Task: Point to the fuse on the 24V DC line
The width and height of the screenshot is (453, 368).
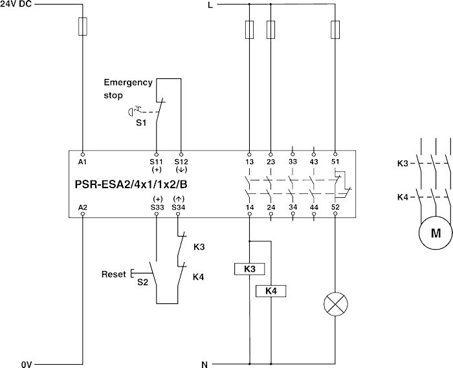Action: pyautogui.click(x=83, y=27)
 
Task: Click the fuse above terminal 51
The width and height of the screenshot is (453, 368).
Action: pyautogui.click(x=335, y=29)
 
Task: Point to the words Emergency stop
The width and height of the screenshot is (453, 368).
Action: pyautogui.click(x=127, y=89)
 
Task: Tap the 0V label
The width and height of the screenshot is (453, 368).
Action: pyautogui.click(x=27, y=364)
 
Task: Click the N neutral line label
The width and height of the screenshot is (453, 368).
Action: pyautogui.click(x=204, y=364)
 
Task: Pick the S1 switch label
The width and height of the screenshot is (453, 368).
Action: pyautogui.click(x=141, y=122)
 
